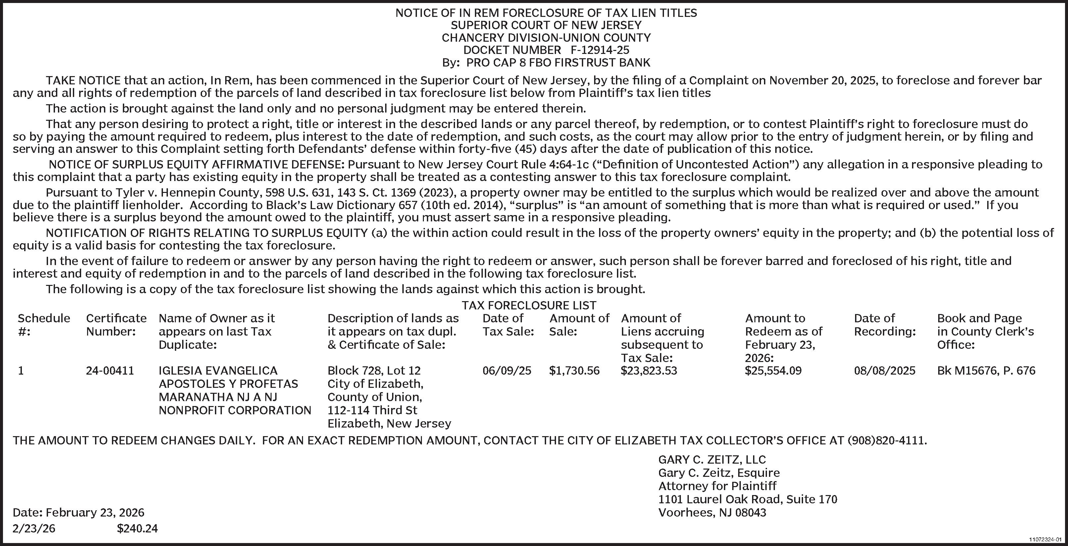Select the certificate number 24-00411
pos(110,370)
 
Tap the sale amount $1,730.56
pos(574,370)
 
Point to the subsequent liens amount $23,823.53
pos(648,370)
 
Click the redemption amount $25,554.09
pos(773,370)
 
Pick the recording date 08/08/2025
pos(884,370)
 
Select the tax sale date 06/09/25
pos(507,370)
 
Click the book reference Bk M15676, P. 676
pos(986,370)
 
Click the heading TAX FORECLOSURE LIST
pos(529,305)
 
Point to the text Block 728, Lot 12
pos(374,370)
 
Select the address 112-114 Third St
pos(372,410)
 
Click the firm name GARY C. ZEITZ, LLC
pos(712,459)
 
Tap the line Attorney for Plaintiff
pos(717,486)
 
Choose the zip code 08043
pos(750,513)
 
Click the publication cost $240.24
pos(137,528)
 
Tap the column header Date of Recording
pos(884,325)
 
